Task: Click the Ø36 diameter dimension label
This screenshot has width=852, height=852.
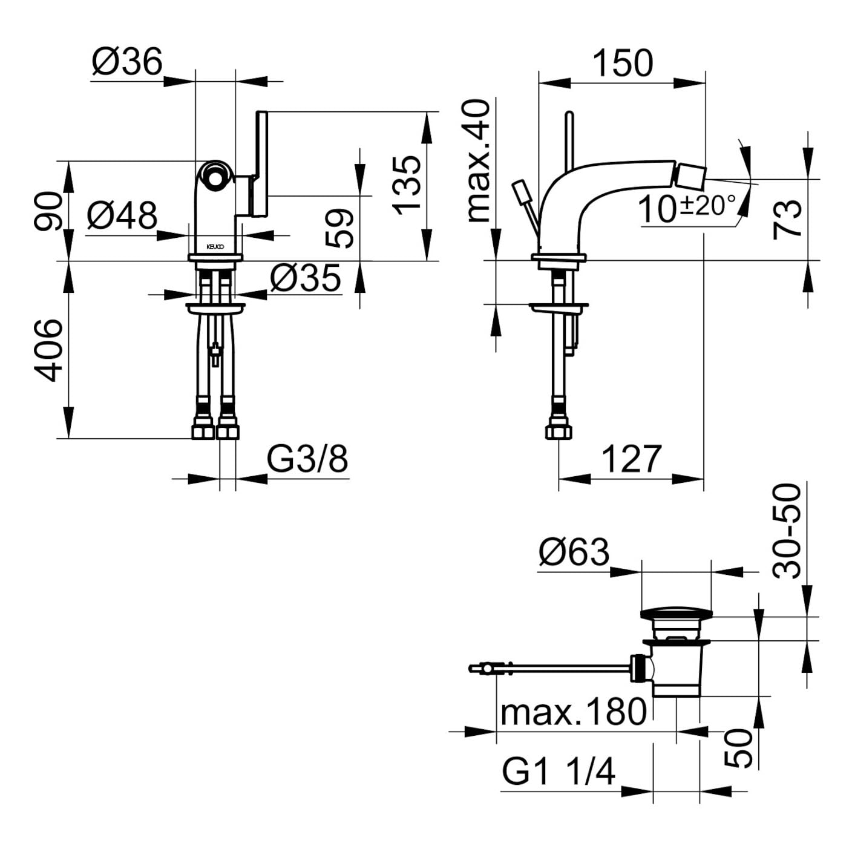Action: point(128,62)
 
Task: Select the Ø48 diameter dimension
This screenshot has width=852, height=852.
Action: point(122,216)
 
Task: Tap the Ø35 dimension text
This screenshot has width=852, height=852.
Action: point(306,278)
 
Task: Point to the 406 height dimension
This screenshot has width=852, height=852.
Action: point(48,350)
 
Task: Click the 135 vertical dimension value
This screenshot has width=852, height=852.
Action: point(407,185)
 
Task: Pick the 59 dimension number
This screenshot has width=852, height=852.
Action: point(339,228)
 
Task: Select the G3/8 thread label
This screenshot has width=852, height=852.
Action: point(307,460)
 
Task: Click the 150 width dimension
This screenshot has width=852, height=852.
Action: point(622,63)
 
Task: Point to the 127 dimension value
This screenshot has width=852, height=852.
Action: point(631,459)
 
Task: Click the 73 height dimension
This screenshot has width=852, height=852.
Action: point(788,219)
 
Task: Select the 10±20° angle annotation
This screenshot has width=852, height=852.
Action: point(687,208)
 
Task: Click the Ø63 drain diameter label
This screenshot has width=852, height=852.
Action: point(574,552)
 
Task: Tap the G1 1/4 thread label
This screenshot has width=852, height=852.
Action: point(558,772)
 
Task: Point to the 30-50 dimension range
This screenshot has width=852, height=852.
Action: point(788,531)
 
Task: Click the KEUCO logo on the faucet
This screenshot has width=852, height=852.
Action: point(215,247)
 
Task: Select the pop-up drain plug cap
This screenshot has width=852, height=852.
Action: point(676,614)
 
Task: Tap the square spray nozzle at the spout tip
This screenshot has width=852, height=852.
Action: point(691,177)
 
